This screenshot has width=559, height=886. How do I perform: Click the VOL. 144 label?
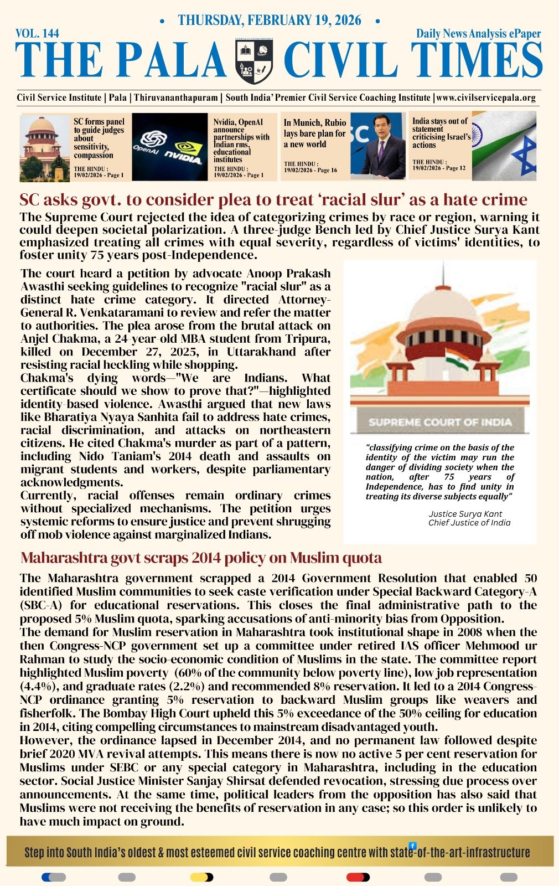pos(38,34)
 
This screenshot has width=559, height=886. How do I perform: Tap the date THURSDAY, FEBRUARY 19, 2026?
pos(270,20)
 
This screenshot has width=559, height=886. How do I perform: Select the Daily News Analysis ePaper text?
pos(478,34)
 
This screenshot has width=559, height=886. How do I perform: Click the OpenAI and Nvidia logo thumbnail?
pos(169,147)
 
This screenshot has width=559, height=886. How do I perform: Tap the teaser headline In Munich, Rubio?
pos(315,122)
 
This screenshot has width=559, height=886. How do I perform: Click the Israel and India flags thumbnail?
pos(504,146)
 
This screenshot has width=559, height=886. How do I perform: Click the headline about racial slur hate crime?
pos(273,200)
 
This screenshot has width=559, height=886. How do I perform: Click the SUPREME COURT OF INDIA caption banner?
pos(440,422)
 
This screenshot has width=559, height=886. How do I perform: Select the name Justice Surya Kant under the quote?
pos(465,514)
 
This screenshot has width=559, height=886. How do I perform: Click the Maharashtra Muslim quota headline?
pos(201,558)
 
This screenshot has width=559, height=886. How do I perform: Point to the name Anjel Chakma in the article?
pos(54,339)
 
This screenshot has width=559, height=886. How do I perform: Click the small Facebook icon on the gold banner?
pos(412,846)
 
